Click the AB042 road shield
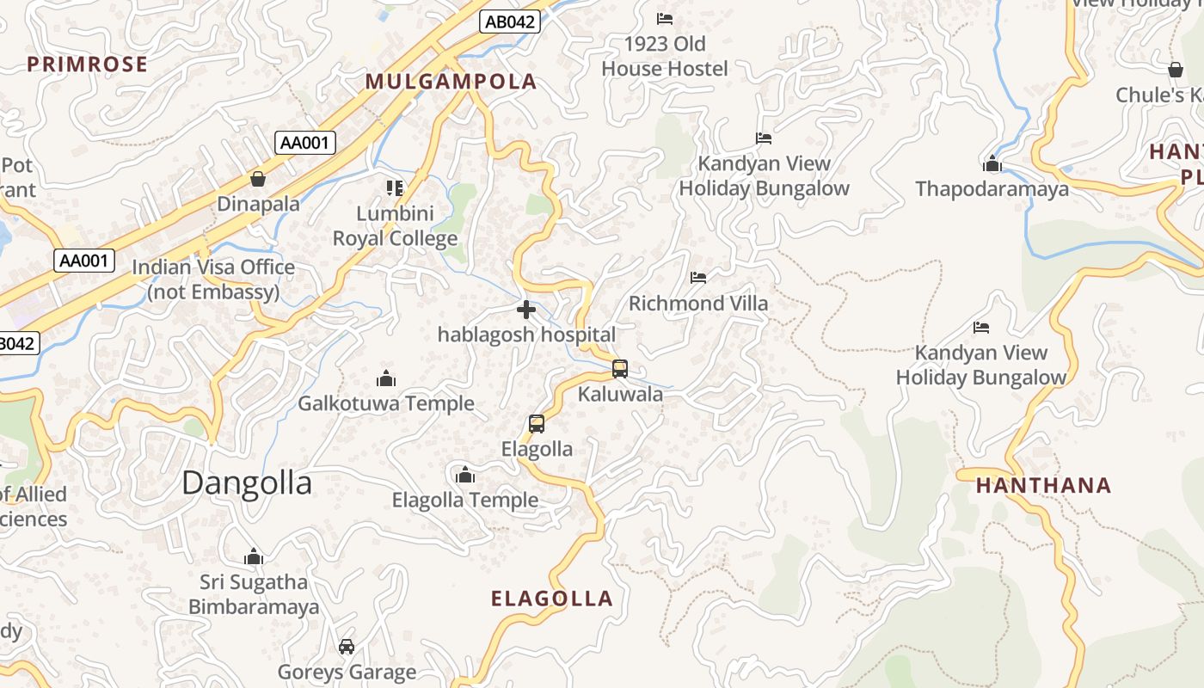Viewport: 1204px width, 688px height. point(509,22)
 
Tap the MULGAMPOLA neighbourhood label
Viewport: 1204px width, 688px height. point(451,82)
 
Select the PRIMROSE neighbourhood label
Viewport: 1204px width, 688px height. point(87,64)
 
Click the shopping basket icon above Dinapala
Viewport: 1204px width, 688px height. point(257,179)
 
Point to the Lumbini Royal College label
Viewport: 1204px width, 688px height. point(395,226)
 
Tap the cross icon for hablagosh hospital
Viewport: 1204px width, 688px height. point(526,310)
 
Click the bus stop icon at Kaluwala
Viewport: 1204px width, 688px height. point(620,369)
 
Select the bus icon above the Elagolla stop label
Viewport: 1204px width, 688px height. point(537,424)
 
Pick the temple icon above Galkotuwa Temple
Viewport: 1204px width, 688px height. point(386,378)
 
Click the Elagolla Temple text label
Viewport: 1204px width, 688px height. point(465,500)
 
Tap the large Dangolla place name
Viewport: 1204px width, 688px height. point(247,482)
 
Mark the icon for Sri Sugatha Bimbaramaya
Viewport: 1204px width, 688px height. point(253,557)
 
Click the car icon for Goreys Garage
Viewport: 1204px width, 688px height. point(347,647)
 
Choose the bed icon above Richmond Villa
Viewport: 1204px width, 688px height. point(698,278)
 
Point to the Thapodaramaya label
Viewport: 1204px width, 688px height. point(992,189)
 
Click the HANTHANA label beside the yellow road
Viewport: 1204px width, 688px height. point(1043,485)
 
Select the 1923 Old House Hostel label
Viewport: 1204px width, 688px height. point(665,56)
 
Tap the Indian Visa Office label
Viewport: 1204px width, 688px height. point(213,279)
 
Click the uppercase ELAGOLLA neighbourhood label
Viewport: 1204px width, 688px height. point(551,599)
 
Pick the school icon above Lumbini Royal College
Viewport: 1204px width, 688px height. point(395,187)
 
